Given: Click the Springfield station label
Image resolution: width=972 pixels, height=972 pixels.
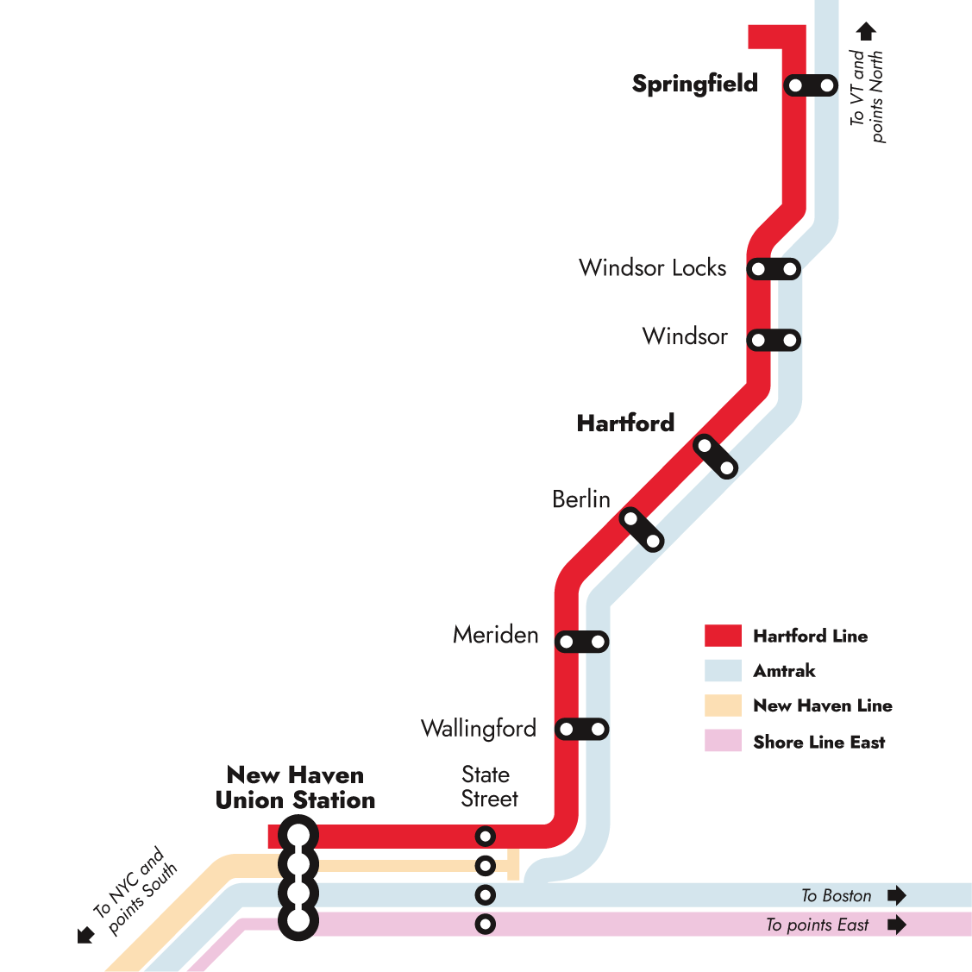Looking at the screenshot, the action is click(x=695, y=84).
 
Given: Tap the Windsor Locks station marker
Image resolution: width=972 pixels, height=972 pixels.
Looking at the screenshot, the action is click(x=774, y=269).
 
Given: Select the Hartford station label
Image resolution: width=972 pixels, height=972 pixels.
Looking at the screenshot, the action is click(x=625, y=423).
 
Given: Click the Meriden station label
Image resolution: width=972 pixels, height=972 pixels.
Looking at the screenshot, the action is click(x=495, y=635).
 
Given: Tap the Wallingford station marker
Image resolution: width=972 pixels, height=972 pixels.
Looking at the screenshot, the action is click(x=581, y=729).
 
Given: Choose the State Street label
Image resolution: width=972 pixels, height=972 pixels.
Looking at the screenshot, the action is click(x=489, y=787).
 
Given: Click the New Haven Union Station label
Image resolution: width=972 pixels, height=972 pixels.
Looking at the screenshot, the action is click(x=295, y=787).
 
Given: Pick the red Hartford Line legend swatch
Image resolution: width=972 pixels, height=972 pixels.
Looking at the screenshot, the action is click(x=723, y=636).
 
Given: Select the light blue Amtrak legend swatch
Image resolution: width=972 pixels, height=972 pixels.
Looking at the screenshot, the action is click(x=723, y=670).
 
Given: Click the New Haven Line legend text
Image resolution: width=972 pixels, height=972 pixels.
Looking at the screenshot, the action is click(x=823, y=705).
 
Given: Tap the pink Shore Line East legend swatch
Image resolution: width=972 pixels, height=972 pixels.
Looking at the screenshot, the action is click(x=723, y=740).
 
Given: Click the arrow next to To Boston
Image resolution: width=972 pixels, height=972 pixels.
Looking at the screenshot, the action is click(x=897, y=895).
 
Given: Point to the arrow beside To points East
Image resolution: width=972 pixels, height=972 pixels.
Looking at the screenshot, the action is click(x=897, y=925).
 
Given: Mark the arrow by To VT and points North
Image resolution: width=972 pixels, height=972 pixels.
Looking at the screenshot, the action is click(x=866, y=31).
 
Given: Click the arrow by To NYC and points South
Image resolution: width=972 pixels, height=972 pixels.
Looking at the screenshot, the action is click(x=85, y=935).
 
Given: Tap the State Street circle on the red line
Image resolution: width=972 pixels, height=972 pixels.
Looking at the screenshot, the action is click(x=486, y=837).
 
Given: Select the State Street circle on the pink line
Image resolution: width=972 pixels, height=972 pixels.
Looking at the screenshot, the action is click(x=486, y=925).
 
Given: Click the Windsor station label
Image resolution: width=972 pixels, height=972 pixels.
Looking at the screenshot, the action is click(x=685, y=336).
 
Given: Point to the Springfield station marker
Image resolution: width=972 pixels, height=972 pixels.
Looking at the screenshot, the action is click(x=811, y=85).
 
